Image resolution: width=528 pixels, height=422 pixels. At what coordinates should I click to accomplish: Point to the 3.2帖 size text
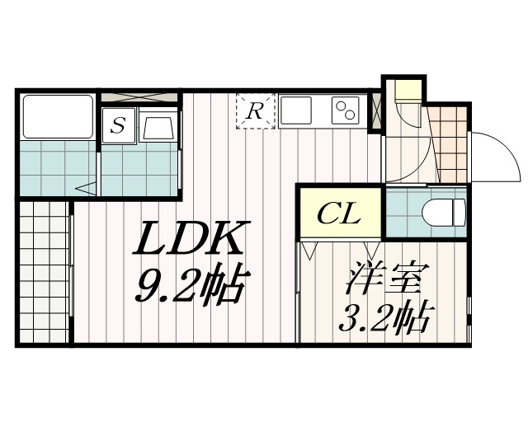(385, 316)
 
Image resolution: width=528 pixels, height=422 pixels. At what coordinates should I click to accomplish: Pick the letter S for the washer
(119, 127)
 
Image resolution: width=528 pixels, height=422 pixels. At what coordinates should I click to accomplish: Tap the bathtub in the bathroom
(58, 116)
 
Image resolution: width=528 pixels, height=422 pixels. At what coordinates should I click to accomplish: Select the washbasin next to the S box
(158, 127)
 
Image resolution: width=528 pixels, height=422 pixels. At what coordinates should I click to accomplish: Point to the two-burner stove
(345, 110)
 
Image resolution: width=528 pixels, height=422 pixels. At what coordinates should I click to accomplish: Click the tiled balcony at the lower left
(45, 272)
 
